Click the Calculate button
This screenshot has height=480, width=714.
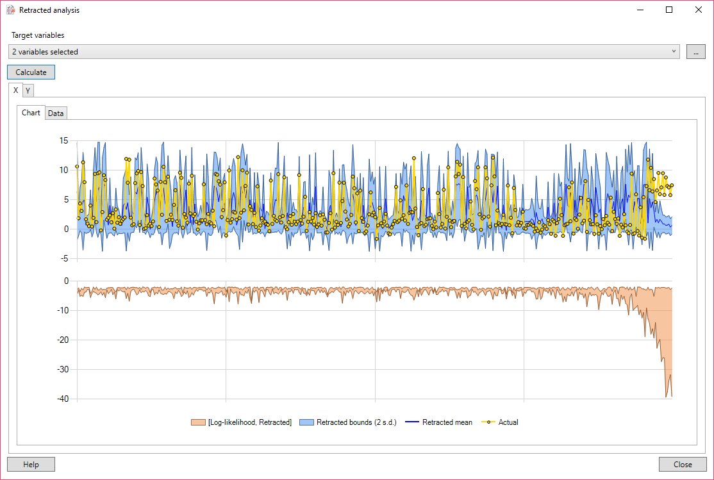[x=31, y=72]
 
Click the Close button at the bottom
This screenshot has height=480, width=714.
[x=683, y=465]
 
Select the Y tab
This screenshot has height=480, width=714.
[x=28, y=90]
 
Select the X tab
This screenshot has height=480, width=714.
[x=16, y=90]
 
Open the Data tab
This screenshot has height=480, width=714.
[x=56, y=113]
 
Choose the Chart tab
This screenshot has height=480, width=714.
[x=31, y=113]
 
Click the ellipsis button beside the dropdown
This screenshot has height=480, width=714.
[x=695, y=52]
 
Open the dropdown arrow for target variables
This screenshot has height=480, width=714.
[x=674, y=52]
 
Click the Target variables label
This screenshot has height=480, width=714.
[x=38, y=35]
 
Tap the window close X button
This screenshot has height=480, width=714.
[x=698, y=10]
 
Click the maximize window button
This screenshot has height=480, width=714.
[x=669, y=10]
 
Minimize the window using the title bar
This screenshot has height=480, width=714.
[x=640, y=10]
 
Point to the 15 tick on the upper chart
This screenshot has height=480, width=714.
[x=63, y=140]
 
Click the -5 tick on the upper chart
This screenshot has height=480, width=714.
[x=63, y=258]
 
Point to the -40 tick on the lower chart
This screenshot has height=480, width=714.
[x=62, y=399]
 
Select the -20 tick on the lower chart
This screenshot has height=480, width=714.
[x=62, y=340]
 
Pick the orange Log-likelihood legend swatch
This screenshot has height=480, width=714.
[x=198, y=422]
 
